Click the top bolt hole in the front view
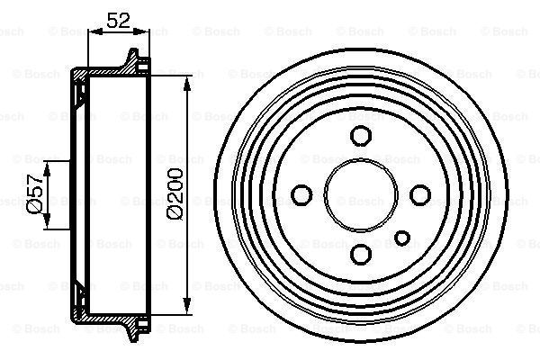[x=360, y=136]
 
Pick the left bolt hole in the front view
[x=302, y=193]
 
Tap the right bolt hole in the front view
[x=418, y=193]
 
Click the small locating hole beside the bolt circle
[x=403, y=238]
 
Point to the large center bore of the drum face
[x=360, y=193]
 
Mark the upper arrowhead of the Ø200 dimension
[x=187, y=84]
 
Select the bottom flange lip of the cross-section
[x=136, y=326]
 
